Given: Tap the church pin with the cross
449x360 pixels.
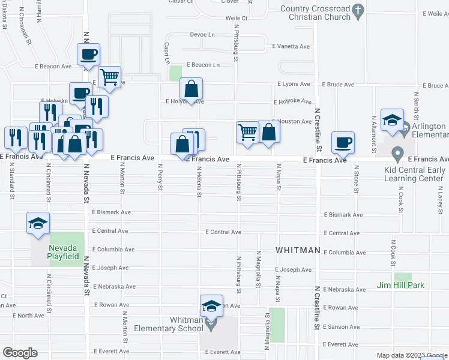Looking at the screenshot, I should tap(358, 10).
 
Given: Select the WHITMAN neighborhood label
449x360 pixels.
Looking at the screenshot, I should tap(298, 250).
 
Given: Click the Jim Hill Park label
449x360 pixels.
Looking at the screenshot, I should tap(400, 284).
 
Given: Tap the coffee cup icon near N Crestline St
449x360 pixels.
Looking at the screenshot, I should tap(343, 142).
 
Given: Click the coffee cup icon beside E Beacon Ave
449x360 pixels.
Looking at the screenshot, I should tap(88, 55).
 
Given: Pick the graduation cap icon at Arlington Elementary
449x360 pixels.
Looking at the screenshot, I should tap(391, 120).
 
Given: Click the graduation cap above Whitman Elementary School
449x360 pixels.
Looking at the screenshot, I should tap(211, 307).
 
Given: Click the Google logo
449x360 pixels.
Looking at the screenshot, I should tap(19, 353).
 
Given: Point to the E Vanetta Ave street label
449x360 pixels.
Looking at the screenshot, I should tap(291, 46).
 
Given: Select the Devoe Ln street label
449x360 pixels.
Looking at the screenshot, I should tap(202, 35).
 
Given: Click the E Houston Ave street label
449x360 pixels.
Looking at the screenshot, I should tap(293, 121).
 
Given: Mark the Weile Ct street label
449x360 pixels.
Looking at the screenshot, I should tap(237, 19).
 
